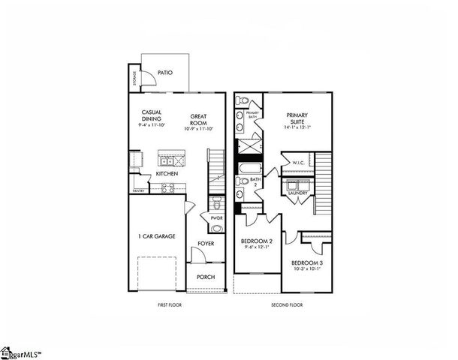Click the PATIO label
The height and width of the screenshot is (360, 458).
165,73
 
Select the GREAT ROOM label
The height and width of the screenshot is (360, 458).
198,119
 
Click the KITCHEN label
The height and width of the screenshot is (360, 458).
167,174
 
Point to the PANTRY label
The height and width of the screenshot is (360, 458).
138,191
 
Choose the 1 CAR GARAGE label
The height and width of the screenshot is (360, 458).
158,236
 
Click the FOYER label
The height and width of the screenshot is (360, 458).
206,244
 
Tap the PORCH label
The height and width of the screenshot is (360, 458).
206,277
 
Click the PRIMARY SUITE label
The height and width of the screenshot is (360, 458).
298,118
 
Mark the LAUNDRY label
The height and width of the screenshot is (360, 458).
297,193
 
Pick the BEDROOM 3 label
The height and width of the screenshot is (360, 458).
306,265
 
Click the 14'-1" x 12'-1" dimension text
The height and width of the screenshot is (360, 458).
298,128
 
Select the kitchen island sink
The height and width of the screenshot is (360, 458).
168,160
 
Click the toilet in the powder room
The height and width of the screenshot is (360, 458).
216,202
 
